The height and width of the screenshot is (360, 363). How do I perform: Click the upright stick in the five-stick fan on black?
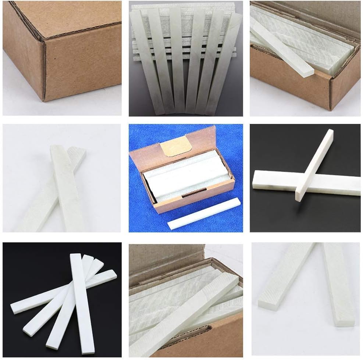click(x=82, y=302)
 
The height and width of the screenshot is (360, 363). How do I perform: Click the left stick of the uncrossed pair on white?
click(x=285, y=276)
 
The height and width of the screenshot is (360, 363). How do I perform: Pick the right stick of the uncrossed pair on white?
click(x=338, y=283)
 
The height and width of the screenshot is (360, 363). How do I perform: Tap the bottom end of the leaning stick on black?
click(x=299, y=197)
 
